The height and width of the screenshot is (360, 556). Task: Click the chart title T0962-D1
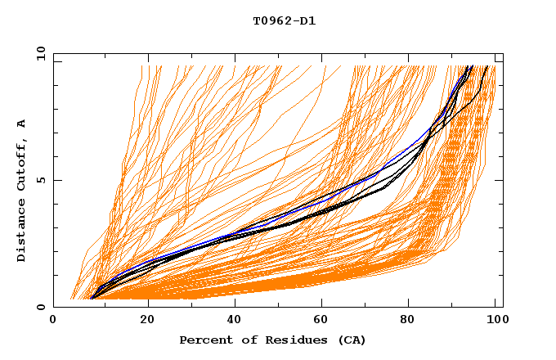pyautogui.click(x=285, y=20)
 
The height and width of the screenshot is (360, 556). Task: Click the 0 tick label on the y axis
pyautogui.click(x=39, y=308)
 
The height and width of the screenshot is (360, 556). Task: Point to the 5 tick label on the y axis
pyautogui.click(x=39, y=181)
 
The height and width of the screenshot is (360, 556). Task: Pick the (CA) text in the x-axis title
pyautogui.click(x=351, y=340)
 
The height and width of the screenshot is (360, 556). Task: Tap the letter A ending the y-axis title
pyautogui.click(x=22, y=124)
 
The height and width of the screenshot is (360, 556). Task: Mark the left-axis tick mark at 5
pyautogui.click(x=56, y=181)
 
